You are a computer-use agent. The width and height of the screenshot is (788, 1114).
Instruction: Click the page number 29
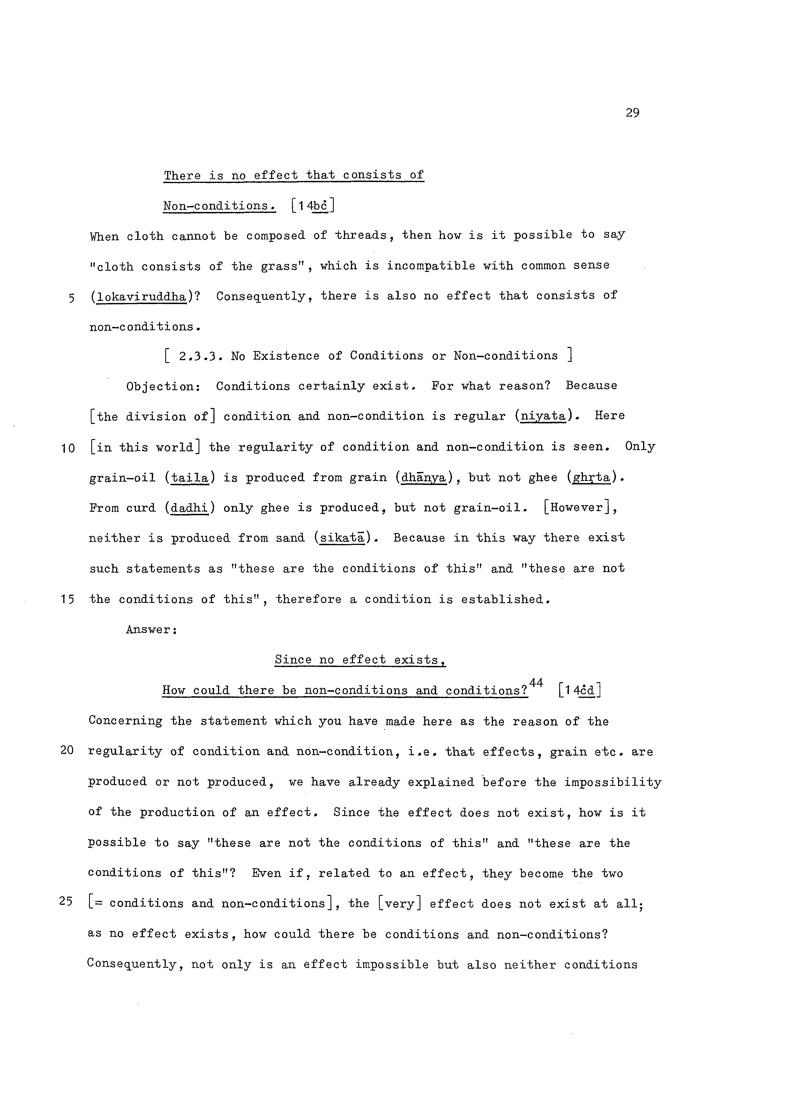[x=632, y=113]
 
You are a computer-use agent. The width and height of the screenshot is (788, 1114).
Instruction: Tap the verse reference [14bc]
[x=313, y=206]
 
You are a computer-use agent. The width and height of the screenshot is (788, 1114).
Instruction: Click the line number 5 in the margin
[x=71, y=298]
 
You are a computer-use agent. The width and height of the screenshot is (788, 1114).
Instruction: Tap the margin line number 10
[x=68, y=448]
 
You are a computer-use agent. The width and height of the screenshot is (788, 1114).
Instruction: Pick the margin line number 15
[x=68, y=600]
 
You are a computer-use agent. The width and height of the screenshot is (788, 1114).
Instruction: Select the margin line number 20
[x=67, y=750]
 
